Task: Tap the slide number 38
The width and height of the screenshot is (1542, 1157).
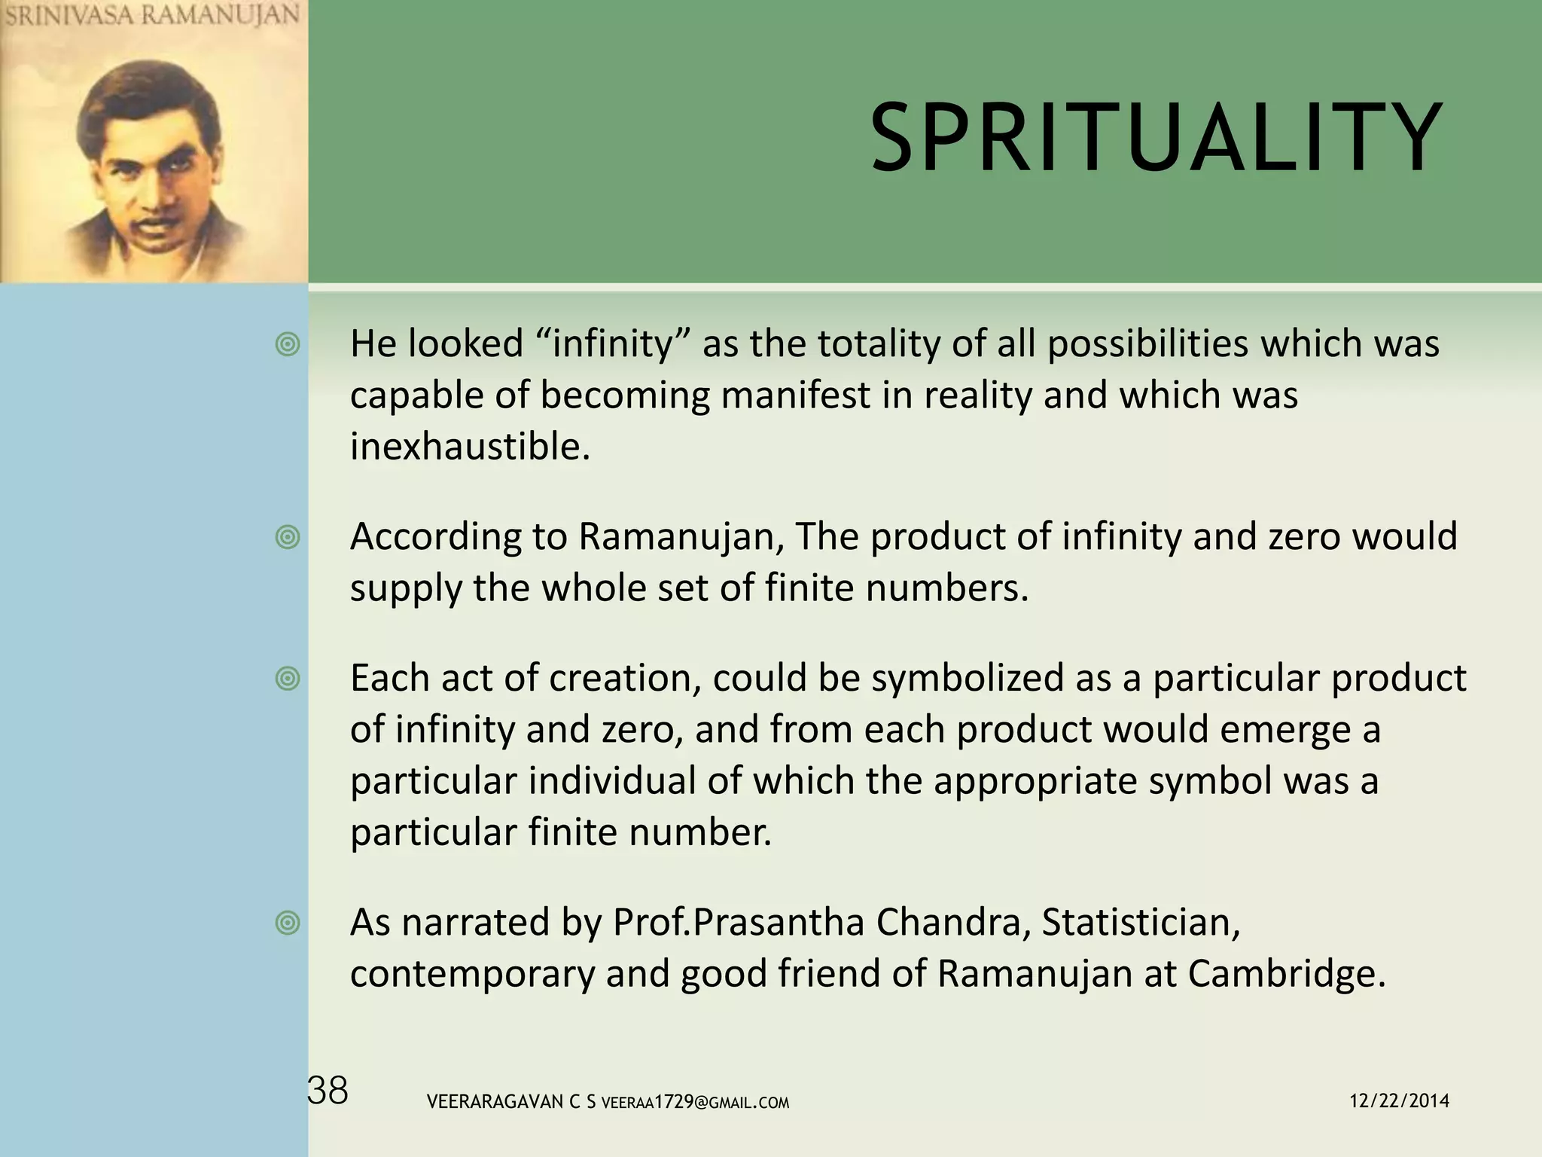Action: point(328,1091)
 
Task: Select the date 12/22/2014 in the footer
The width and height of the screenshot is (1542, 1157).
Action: point(1399,1101)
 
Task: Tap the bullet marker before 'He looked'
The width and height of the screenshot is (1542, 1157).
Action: point(288,345)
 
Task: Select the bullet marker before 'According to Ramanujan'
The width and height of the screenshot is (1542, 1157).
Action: point(288,538)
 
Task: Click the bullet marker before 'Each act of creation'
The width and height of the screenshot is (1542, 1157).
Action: point(288,679)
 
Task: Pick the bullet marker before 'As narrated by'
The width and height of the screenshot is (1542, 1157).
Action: point(288,923)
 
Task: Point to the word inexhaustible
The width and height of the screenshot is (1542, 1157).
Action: point(470,447)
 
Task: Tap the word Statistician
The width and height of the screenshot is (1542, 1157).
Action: point(1140,923)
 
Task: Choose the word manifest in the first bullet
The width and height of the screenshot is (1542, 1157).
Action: point(795,395)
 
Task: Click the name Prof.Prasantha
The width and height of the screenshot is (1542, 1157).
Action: point(738,923)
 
